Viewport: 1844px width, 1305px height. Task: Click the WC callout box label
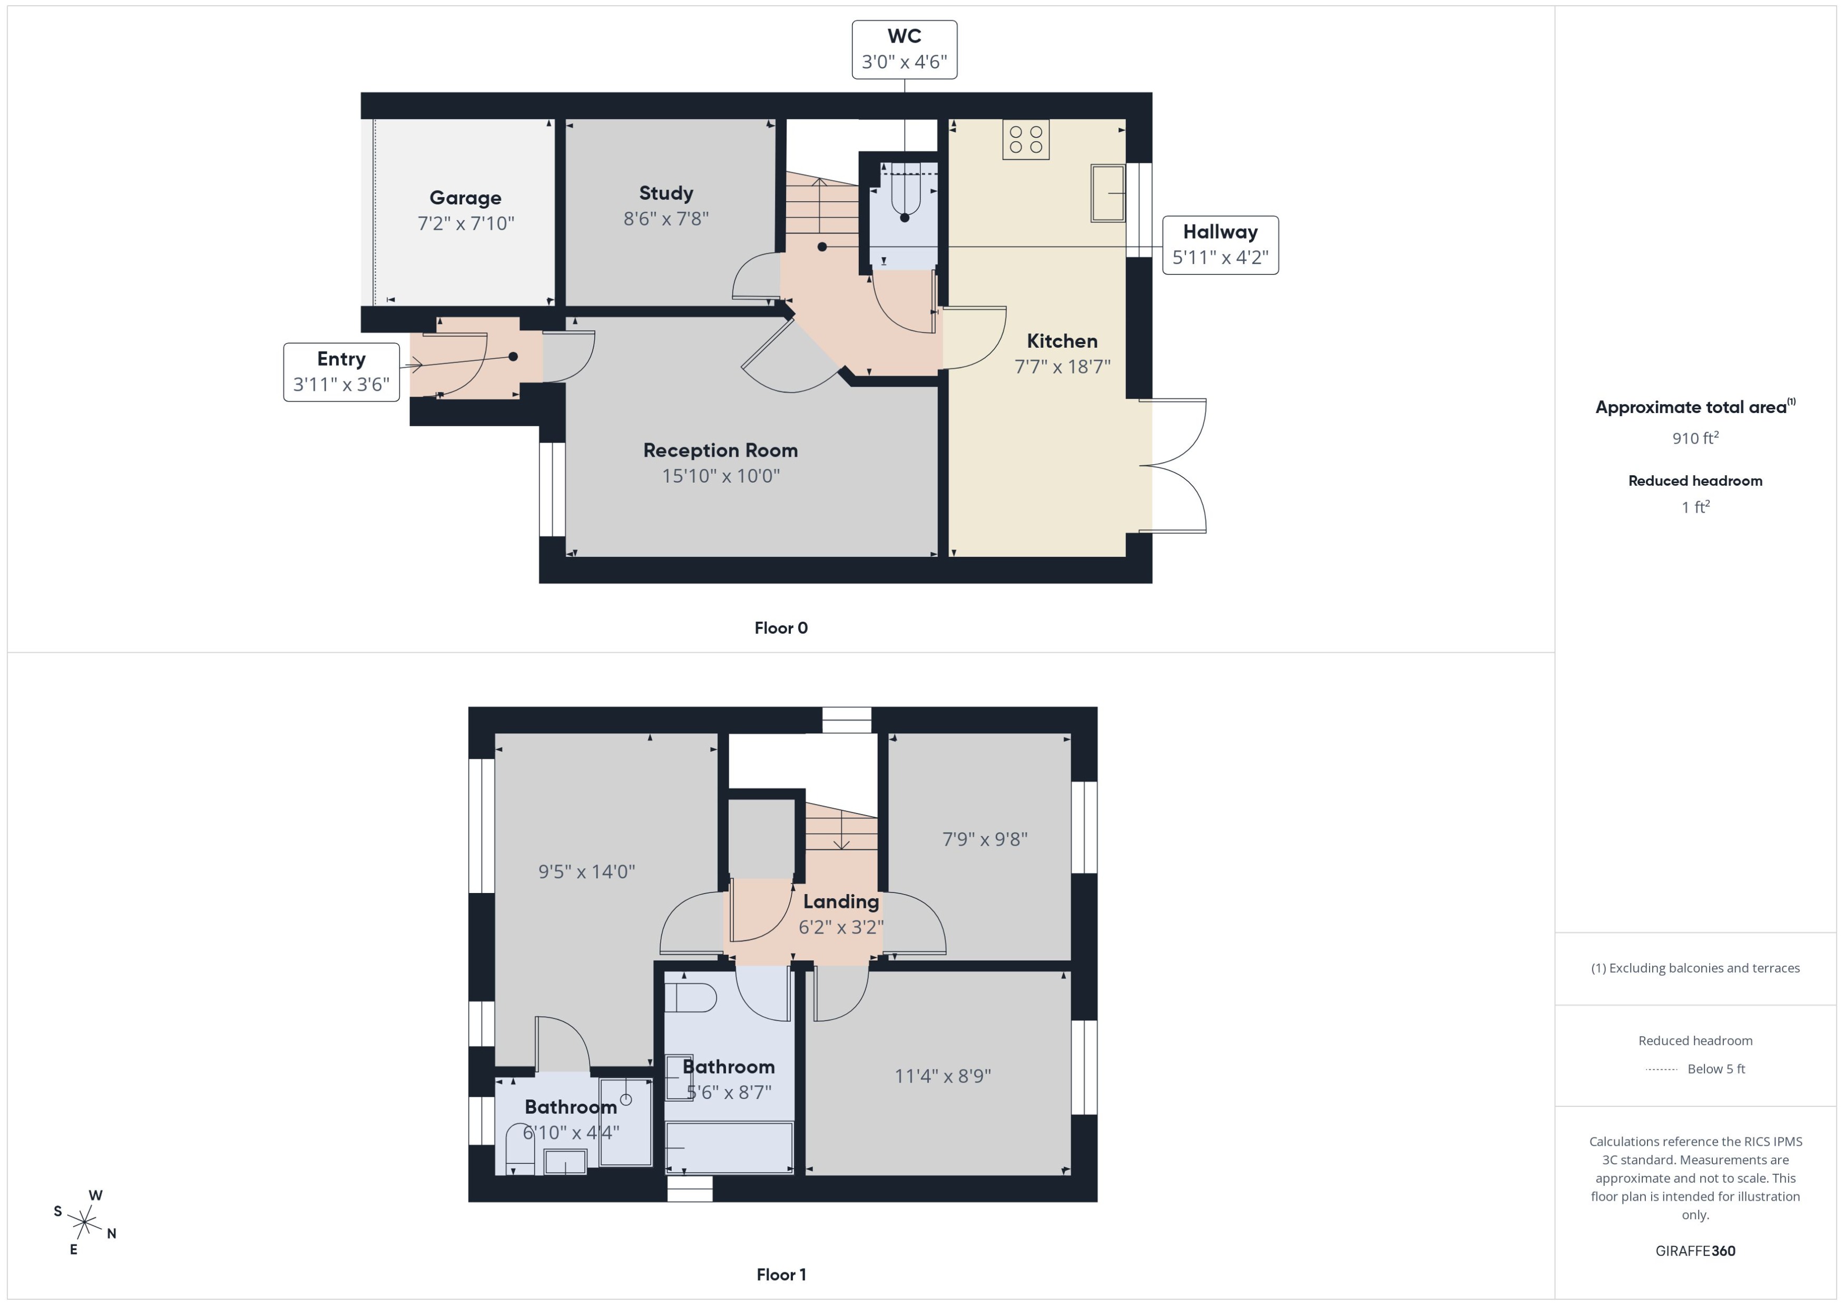tap(904, 49)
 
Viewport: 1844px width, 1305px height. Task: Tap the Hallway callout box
tap(1219, 244)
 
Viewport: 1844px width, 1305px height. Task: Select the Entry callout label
tap(341, 371)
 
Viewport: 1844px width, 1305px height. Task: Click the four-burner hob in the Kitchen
tap(1025, 140)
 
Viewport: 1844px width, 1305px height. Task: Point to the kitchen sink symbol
tap(1107, 193)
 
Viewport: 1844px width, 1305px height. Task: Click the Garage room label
tap(465, 198)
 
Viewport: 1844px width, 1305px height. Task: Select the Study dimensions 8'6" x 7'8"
tap(665, 219)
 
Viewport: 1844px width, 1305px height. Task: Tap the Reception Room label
tap(720, 450)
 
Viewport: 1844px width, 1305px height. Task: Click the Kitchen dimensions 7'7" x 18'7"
tap(1062, 367)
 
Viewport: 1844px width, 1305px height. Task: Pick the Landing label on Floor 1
tap(840, 901)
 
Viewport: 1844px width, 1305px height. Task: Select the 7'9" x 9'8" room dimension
tap(984, 839)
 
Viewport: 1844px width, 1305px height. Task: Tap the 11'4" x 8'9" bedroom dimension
tap(943, 1075)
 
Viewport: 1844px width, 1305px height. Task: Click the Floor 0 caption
tap(780, 627)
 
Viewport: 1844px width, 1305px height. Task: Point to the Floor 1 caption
tap(780, 1274)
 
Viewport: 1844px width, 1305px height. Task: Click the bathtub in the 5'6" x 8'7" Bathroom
tap(729, 1147)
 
